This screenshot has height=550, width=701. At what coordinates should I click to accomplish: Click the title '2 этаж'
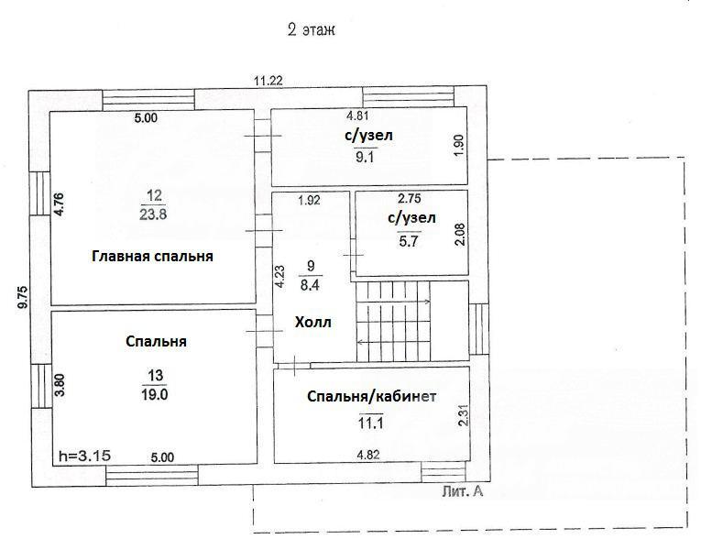pyautogui.click(x=312, y=30)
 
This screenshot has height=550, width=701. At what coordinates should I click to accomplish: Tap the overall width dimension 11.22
pyautogui.click(x=268, y=81)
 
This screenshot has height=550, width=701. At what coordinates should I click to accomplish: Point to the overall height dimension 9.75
pyautogui.click(x=22, y=297)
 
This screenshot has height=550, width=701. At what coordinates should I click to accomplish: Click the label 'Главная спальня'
pyautogui.click(x=152, y=257)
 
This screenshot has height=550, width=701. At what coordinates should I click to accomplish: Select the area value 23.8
pyautogui.click(x=153, y=214)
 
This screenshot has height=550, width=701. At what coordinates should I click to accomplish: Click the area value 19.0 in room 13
pyautogui.click(x=155, y=394)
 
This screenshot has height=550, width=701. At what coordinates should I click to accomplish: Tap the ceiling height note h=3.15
pyautogui.click(x=85, y=456)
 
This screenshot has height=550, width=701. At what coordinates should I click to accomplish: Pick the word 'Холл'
pyautogui.click(x=313, y=322)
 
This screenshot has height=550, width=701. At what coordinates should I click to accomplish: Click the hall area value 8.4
pyautogui.click(x=310, y=285)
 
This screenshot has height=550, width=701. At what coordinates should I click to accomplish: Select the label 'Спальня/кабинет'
pyautogui.click(x=371, y=397)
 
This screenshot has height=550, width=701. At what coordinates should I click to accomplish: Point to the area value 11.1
pyautogui.click(x=370, y=423)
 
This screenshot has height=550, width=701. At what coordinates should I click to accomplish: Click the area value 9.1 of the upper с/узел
pyautogui.click(x=365, y=157)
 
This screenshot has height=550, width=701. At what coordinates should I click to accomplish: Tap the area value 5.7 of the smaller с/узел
pyautogui.click(x=409, y=241)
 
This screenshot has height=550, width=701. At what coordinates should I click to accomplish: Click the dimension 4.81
pyautogui.click(x=357, y=115)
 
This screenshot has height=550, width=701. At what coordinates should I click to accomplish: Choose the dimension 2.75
pyautogui.click(x=409, y=198)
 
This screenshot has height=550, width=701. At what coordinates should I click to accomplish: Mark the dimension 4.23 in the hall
pyautogui.click(x=279, y=277)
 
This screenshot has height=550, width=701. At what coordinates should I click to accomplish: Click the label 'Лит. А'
pyautogui.click(x=463, y=492)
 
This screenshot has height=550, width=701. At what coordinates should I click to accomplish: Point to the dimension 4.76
pyautogui.click(x=60, y=204)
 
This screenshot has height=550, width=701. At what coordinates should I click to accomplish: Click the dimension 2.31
pyautogui.click(x=464, y=414)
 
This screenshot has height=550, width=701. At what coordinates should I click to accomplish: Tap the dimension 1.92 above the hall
pyautogui.click(x=310, y=200)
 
